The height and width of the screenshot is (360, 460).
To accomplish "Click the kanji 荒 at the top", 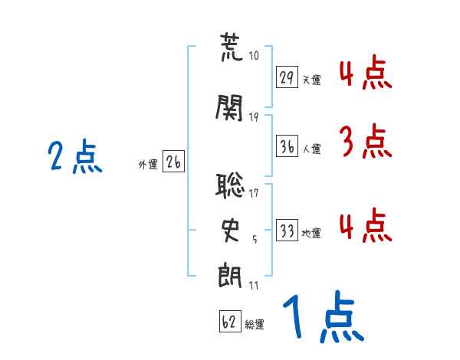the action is coord(232,47).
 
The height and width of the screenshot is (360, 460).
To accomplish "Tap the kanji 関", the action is coord(229,107).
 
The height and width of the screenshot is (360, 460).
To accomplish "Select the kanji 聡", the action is coord(230,185).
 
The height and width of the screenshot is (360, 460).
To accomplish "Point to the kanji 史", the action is coord(230,231).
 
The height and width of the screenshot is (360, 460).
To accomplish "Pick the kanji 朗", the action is coord(230,276).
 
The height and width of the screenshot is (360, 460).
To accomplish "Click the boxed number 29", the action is coord(287,77).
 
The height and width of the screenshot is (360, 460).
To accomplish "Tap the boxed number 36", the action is coord(287,146).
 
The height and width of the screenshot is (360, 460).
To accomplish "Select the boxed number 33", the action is coord(287,230).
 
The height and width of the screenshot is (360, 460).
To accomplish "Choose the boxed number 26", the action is coord(173,162).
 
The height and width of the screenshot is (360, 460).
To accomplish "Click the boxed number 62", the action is coord(230,321).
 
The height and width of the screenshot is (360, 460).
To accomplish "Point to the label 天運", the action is coord(311,80).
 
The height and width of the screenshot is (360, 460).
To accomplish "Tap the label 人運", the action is coord(311,149).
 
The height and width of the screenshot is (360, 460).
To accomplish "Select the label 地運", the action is coord(311,234).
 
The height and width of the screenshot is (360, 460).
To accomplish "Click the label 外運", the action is coord(148,165).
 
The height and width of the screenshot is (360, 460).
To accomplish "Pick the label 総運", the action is coord(255,325).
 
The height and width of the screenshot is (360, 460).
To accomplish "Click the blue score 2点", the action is coord(75,156).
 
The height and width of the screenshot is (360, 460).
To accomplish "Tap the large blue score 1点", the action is coord(324,316).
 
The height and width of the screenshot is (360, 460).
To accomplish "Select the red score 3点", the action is coord(366,141).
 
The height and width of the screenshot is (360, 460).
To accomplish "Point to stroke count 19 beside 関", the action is coord(254,117).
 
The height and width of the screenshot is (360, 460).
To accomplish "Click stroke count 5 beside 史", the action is coord(255,240).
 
